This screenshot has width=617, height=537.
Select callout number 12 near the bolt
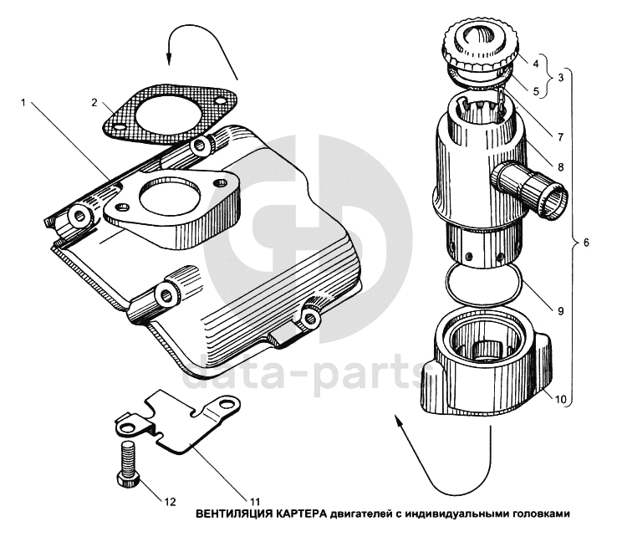tap(170, 502)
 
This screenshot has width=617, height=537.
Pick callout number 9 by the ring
tap(560, 311)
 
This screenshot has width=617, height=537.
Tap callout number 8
tap(561, 166)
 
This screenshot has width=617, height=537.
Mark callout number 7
tap(560, 136)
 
